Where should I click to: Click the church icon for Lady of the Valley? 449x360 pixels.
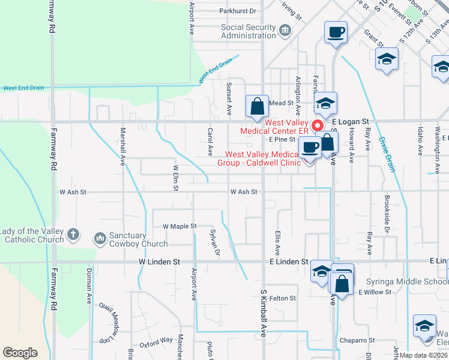(x=73, y=235)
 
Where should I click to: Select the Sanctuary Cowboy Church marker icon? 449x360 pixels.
(x=100, y=239)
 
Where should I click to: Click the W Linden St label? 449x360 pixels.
(x=159, y=262)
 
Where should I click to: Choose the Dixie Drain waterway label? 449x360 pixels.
(x=387, y=155)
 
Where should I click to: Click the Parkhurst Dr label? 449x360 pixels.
(x=238, y=11)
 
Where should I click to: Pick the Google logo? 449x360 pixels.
(x=20, y=353)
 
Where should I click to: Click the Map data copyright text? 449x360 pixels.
(x=423, y=355)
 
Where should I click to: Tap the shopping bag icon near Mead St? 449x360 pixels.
(x=257, y=107)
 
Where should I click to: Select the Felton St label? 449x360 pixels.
(x=283, y=298)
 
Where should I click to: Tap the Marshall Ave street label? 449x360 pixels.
(x=123, y=146)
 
